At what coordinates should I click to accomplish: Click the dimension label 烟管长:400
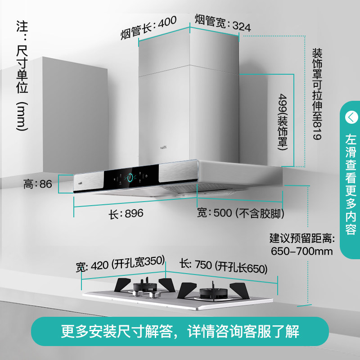pyautogui.click(x=148, y=27)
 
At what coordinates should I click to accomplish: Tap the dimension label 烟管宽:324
pyautogui.click(x=222, y=23)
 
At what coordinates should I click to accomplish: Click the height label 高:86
pyautogui.click(x=38, y=184)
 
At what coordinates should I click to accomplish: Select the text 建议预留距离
pyautogui.click(x=301, y=238)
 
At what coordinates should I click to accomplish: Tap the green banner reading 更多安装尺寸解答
pyautogui.click(x=180, y=332)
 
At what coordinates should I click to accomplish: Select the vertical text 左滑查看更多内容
pyautogui.click(x=350, y=184)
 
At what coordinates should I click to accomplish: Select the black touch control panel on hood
pyautogui.click(x=133, y=179)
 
